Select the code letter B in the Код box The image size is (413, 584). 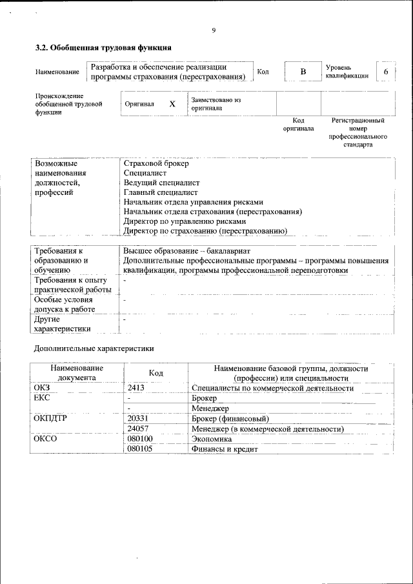coord(303,71)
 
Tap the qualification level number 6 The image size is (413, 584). coord(386,71)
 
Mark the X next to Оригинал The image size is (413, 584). coord(172,104)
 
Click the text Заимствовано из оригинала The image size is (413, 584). coord(216,104)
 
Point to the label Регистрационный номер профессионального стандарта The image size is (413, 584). coord(358,132)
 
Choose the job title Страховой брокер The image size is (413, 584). coord(156,164)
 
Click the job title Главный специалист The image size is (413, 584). coord(160,192)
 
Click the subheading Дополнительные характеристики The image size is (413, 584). coord(94,348)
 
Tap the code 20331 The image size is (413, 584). coord(139,419)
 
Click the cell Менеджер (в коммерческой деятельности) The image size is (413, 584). coord(267,429)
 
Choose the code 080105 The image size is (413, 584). coord(140,449)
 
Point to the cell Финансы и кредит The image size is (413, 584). coord(225,449)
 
